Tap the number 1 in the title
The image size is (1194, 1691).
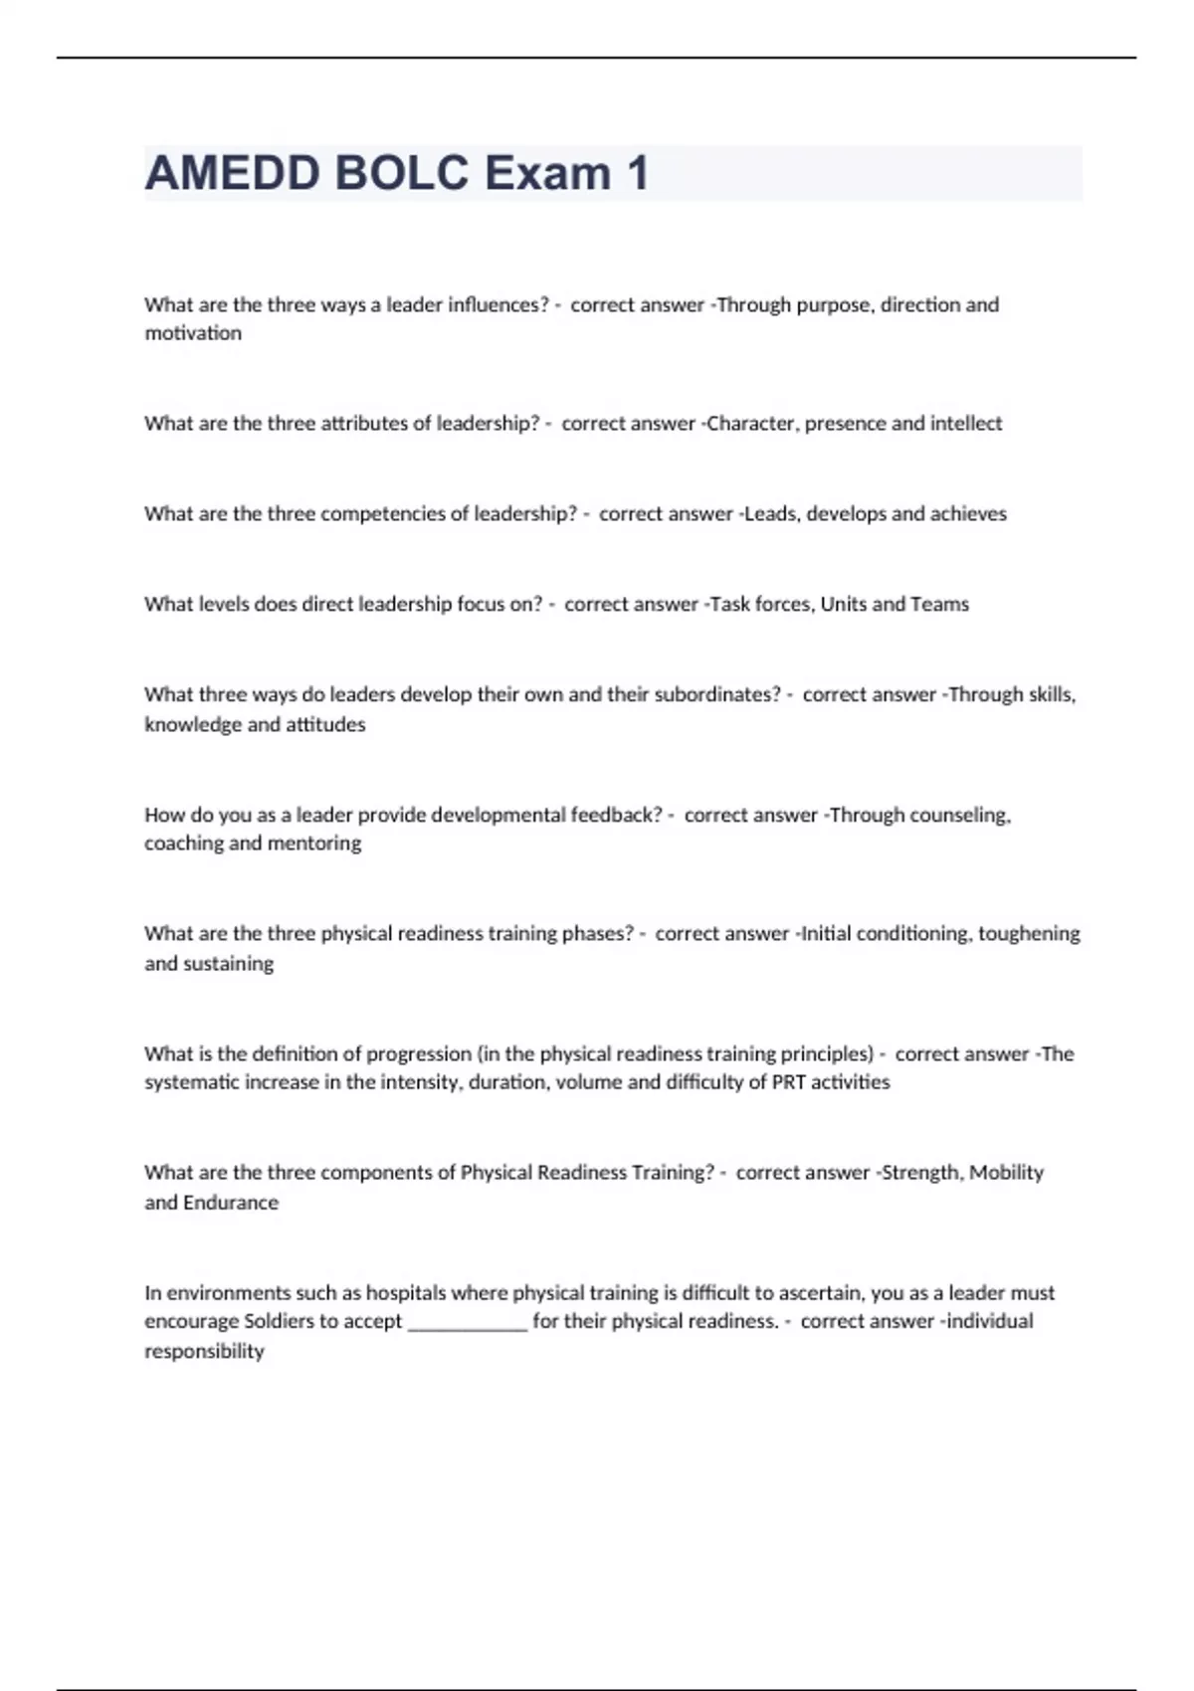[637, 173]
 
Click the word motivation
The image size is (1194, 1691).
[193, 333]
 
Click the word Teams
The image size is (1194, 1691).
[940, 605]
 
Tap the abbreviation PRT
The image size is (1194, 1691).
[788, 1082]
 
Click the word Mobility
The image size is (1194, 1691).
[1006, 1173]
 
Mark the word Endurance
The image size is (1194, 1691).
[230, 1203]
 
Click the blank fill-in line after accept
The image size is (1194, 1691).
[467, 1323]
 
